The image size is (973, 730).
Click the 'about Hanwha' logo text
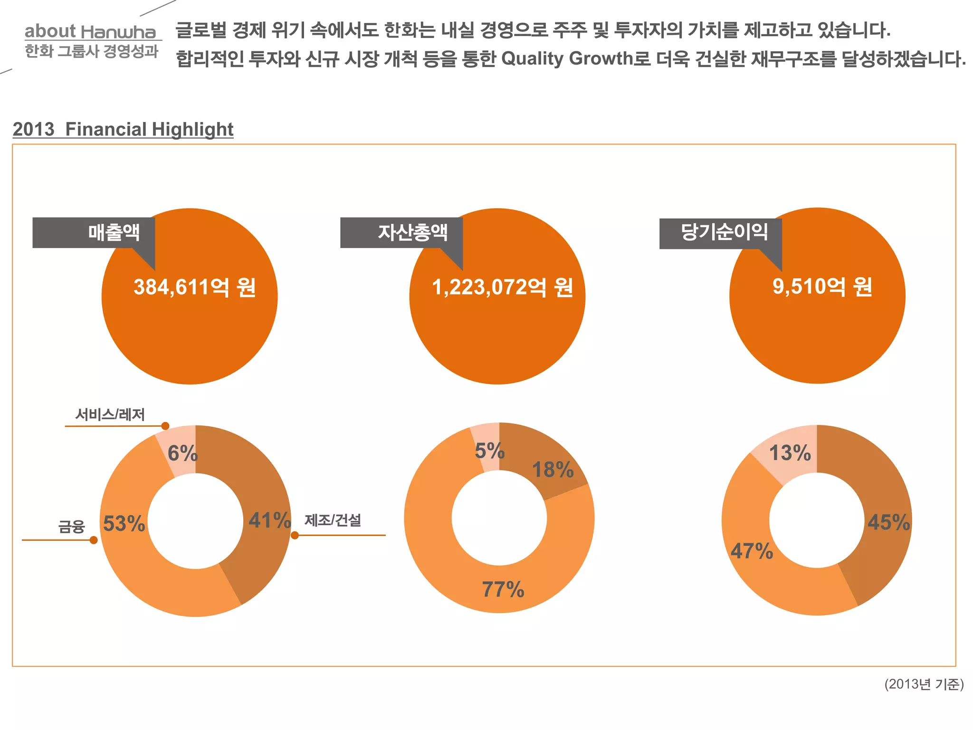coord(90,31)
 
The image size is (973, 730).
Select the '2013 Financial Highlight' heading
coord(123,129)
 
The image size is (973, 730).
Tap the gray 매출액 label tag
coord(94,233)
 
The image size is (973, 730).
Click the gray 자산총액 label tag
coord(401,233)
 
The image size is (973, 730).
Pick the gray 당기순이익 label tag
coord(721,233)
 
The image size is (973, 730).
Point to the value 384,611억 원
coord(195,287)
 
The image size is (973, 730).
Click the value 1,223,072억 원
coord(502,287)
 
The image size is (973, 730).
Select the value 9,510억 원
coord(822,287)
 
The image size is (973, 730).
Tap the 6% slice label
coord(182,453)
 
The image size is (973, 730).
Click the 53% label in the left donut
coord(124,524)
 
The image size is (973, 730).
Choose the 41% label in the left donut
coord(269,520)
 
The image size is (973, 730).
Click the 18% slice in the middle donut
coord(553,470)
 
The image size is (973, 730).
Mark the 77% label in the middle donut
coord(503,589)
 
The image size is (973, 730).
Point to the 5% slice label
coord(489,451)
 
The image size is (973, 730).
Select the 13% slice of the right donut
coord(790,452)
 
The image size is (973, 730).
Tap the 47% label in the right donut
coord(752,551)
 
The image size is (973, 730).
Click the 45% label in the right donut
coord(888,522)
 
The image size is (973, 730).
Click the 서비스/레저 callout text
coord(110,414)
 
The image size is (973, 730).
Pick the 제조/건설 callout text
coord(333,520)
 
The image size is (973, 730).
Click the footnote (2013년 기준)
coord(924,684)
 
